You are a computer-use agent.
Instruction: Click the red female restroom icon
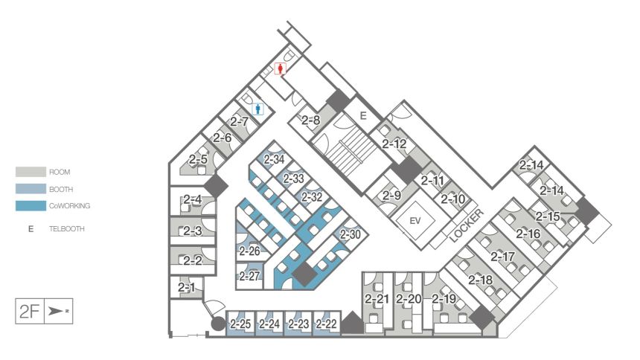(x=280, y=68)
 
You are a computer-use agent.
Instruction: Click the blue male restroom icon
(x=257, y=109)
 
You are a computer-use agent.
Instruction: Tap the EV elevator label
(x=415, y=221)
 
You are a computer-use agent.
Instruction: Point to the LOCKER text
(x=467, y=225)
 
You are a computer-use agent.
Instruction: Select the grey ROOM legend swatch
(x=31, y=172)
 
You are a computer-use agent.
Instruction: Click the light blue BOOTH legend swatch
(x=31, y=189)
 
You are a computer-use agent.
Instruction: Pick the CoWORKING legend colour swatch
(x=31, y=206)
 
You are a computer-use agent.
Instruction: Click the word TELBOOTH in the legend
(x=66, y=229)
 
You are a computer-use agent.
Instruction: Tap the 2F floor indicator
(x=29, y=312)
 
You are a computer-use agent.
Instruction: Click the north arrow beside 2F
(x=58, y=312)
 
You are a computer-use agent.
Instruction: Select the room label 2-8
(x=311, y=120)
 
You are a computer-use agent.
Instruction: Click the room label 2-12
(x=394, y=144)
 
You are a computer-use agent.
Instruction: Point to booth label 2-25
(x=240, y=324)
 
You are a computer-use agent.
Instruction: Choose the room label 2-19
(x=444, y=299)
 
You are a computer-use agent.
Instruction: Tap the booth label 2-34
(x=274, y=159)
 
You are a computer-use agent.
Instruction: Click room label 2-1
(x=187, y=288)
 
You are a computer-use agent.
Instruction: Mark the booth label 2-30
(x=351, y=234)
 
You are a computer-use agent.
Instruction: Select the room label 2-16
(x=528, y=234)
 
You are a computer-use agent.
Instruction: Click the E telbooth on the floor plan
(x=363, y=116)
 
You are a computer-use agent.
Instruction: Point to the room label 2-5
(x=198, y=159)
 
